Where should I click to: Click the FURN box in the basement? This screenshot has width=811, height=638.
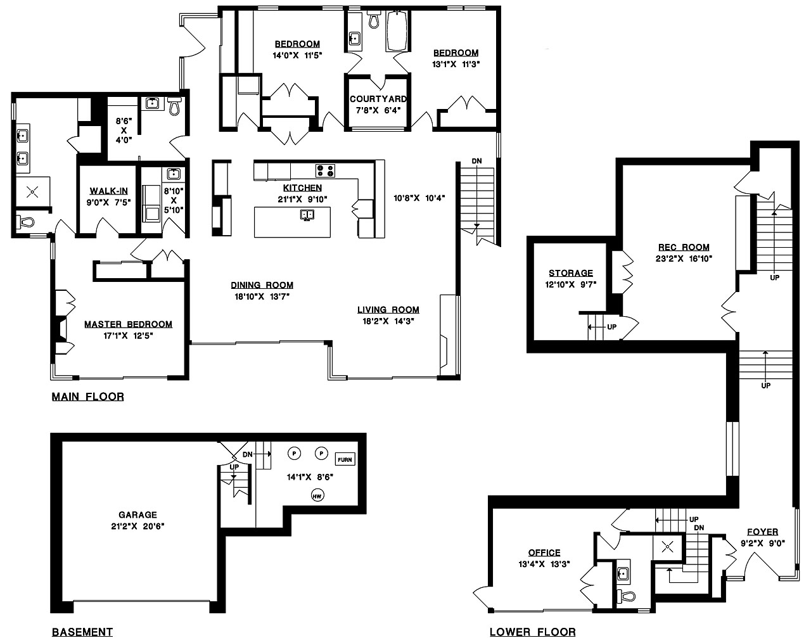345,459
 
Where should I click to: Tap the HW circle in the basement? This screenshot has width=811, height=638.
317,496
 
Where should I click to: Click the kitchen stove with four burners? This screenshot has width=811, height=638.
325,170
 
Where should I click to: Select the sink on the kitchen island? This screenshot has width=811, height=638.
307,215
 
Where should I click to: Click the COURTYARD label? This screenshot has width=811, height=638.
378,99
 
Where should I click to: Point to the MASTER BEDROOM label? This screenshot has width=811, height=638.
128,324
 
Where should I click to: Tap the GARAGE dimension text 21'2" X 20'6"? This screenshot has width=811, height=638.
138,526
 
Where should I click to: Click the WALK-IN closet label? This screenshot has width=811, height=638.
108,191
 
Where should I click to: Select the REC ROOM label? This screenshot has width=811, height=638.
684,247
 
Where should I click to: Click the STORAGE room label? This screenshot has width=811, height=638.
571,273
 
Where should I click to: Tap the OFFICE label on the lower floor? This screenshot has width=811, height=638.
544,553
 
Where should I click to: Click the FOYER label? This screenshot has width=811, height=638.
762,532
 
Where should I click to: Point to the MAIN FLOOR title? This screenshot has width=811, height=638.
88,397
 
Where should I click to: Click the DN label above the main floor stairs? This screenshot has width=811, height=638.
476,161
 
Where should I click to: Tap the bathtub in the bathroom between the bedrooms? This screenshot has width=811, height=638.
397,31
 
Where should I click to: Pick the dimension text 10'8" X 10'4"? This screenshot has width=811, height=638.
419,198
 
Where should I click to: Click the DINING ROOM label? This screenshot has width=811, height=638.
262,285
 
